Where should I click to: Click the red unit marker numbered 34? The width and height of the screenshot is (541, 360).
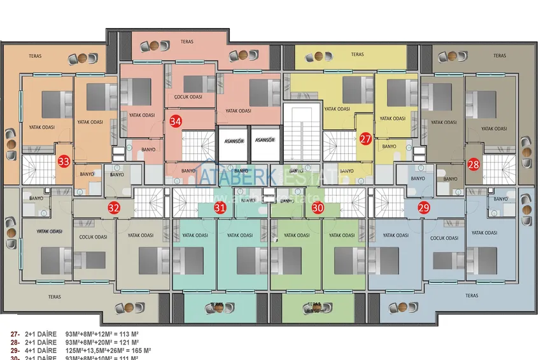pos(176,121)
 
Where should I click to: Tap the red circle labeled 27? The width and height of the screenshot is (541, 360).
pos(365,139)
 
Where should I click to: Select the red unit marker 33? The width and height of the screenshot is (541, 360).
pos(64,162)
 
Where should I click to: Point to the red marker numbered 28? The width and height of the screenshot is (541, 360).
pos(474,164)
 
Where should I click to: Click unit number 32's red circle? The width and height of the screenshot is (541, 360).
pos(114,207)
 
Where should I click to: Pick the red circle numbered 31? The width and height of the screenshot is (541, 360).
pos(220,207)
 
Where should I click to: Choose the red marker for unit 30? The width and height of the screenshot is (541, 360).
pos(318,207)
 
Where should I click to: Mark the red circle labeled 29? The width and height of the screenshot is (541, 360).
pos(424,207)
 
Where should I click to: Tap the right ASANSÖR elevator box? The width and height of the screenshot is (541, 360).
pos(264,140)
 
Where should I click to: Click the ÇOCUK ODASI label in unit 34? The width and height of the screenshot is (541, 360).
pos(188,97)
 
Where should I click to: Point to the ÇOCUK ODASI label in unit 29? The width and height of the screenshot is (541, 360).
pos(444,239)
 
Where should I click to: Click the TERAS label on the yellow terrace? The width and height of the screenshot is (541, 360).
pos(357,55)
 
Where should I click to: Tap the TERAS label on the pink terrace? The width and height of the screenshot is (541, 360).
pos(186,42)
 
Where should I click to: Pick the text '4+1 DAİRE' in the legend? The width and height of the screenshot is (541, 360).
pos(41,350)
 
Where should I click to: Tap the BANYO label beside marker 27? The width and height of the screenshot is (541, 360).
pos(389,146)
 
